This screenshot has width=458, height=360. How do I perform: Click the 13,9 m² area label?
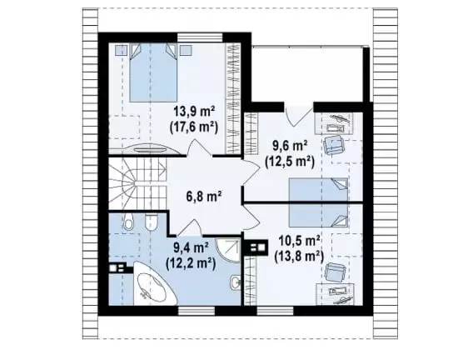(194, 112)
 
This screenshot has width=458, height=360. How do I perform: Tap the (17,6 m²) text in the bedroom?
(194, 127)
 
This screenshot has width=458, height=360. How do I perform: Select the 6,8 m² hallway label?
(203, 197)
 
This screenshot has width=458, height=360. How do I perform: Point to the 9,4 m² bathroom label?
(191, 248)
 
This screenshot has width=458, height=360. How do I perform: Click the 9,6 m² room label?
(290, 146)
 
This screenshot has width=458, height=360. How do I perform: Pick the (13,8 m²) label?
(299, 257)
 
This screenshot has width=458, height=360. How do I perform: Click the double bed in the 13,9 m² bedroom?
(153, 72)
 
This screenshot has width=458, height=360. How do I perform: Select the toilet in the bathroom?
(128, 221)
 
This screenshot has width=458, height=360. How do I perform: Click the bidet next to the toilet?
(152, 221)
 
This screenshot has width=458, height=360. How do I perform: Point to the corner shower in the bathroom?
(228, 250)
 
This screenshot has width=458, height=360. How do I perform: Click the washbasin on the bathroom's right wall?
(235, 282)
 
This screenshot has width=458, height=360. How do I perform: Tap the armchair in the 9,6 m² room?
(334, 144)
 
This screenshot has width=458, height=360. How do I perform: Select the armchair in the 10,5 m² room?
(334, 272)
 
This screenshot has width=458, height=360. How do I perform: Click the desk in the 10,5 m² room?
(336, 294)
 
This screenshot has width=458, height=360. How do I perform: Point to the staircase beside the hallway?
(137, 184)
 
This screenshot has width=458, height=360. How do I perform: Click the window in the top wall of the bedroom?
(200, 37)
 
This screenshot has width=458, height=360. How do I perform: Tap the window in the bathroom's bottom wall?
(197, 311)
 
